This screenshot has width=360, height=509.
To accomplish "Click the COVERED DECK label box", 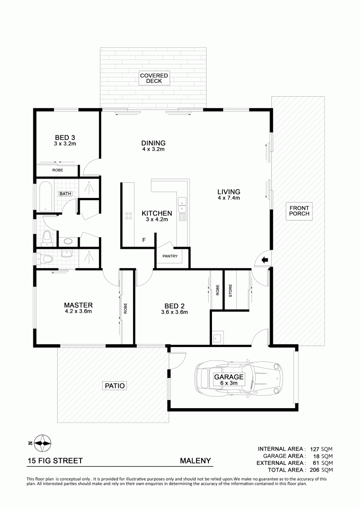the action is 154,78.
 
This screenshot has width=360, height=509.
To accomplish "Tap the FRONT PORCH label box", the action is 299,211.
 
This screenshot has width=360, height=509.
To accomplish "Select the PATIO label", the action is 115,386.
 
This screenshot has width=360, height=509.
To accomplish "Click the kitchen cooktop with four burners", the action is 129,216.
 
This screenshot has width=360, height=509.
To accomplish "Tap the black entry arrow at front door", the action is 265,260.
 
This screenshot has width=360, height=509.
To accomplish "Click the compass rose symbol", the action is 42,443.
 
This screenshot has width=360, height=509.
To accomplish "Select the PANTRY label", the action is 170,256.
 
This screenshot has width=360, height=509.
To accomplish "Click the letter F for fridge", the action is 144,240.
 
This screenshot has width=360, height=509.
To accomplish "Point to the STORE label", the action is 230,291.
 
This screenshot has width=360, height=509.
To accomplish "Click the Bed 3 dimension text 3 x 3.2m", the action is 65,144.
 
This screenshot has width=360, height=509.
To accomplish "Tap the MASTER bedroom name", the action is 78,305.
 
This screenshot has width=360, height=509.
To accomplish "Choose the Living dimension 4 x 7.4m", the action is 229,198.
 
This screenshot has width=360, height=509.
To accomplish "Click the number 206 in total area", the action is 315,470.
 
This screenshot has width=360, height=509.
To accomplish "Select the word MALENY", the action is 195,461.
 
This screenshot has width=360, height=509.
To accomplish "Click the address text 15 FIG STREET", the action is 55,461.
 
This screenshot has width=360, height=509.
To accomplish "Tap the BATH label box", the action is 65,194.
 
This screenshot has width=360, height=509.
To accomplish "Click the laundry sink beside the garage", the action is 217,338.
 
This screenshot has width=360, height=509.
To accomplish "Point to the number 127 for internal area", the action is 314,449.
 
